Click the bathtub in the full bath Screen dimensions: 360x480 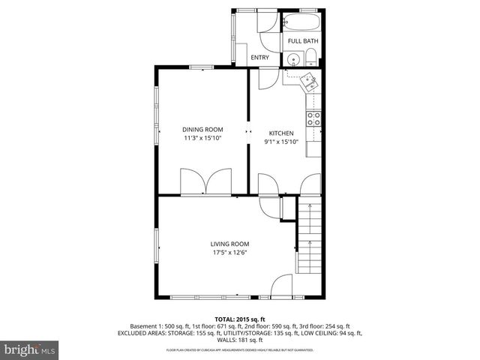[x=303, y=21]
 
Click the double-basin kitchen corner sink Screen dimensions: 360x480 [x=309, y=82]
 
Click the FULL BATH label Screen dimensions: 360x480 [x=302, y=41]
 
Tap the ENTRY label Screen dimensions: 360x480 [x=259, y=58]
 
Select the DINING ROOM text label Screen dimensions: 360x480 [x=202, y=129]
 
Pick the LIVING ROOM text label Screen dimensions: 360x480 [x=229, y=244]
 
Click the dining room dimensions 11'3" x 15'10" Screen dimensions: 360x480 [x=202, y=138]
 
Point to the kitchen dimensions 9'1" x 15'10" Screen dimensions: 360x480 [x=281, y=142]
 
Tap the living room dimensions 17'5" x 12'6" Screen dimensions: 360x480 [x=229, y=253]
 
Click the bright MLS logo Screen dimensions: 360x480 [x=30, y=349]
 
